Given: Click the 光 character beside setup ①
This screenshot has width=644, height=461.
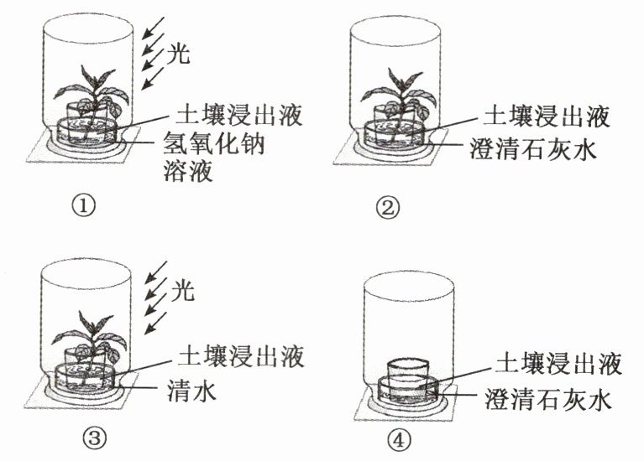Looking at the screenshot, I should [x=179, y=56].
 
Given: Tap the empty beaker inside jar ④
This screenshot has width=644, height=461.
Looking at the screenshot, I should [x=407, y=370].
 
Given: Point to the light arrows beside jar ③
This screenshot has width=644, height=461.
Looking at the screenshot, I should [x=151, y=293].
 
